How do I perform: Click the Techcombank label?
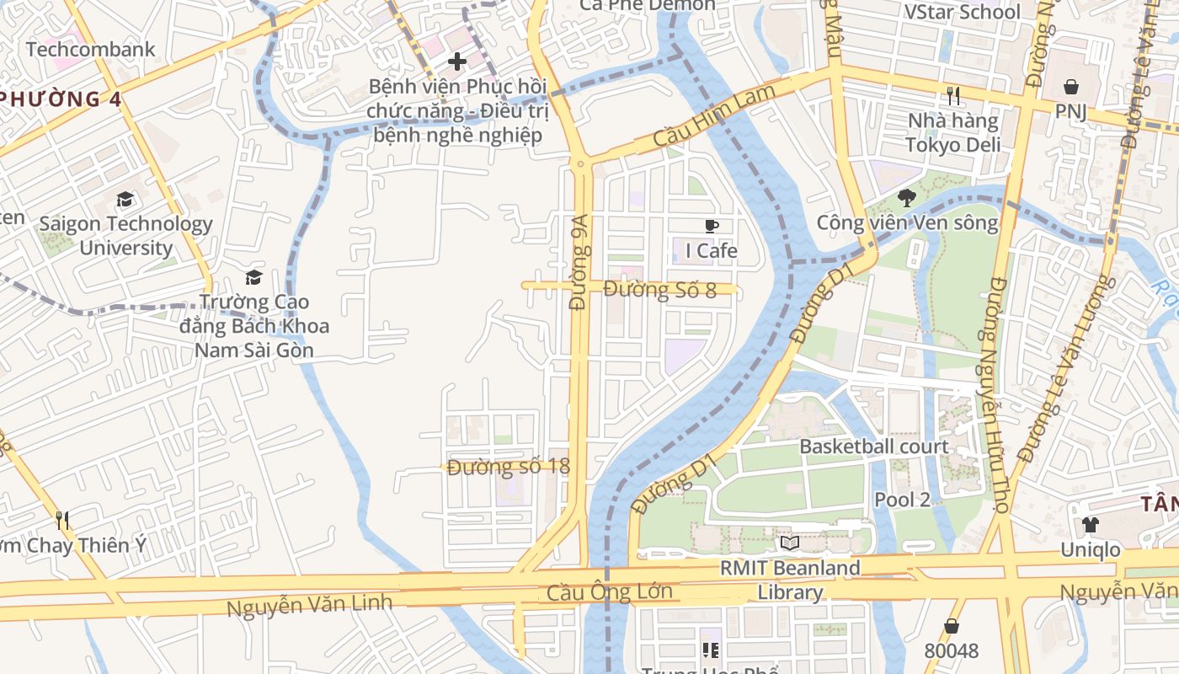(91, 49)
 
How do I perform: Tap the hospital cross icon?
(457, 61)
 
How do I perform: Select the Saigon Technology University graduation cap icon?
(125, 200)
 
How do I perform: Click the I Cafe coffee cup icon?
(712, 226)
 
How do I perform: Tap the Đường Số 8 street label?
(659, 290)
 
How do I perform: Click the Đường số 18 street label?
(508, 466)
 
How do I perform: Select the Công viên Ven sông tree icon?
(907, 198)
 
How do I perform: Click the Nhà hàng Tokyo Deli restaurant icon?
(953, 96)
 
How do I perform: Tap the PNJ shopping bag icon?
(1071, 86)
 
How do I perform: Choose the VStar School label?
(961, 12)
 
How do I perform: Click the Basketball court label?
(874, 447)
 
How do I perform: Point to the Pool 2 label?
(902, 500)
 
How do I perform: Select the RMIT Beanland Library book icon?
(789, 543)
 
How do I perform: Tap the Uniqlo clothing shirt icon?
(1091, 525)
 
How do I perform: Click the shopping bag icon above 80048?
(952, 626)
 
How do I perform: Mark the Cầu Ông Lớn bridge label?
(609, 591)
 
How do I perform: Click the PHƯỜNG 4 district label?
(61, 99)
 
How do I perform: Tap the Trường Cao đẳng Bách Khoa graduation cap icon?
(253, 277)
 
